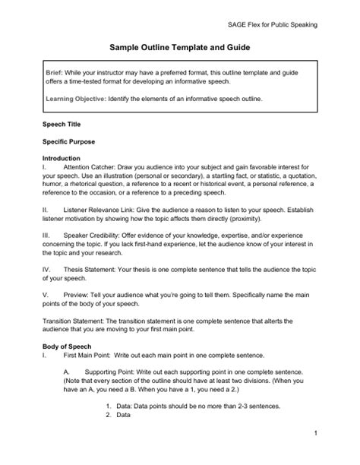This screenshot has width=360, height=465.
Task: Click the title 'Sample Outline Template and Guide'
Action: (179, 46)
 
